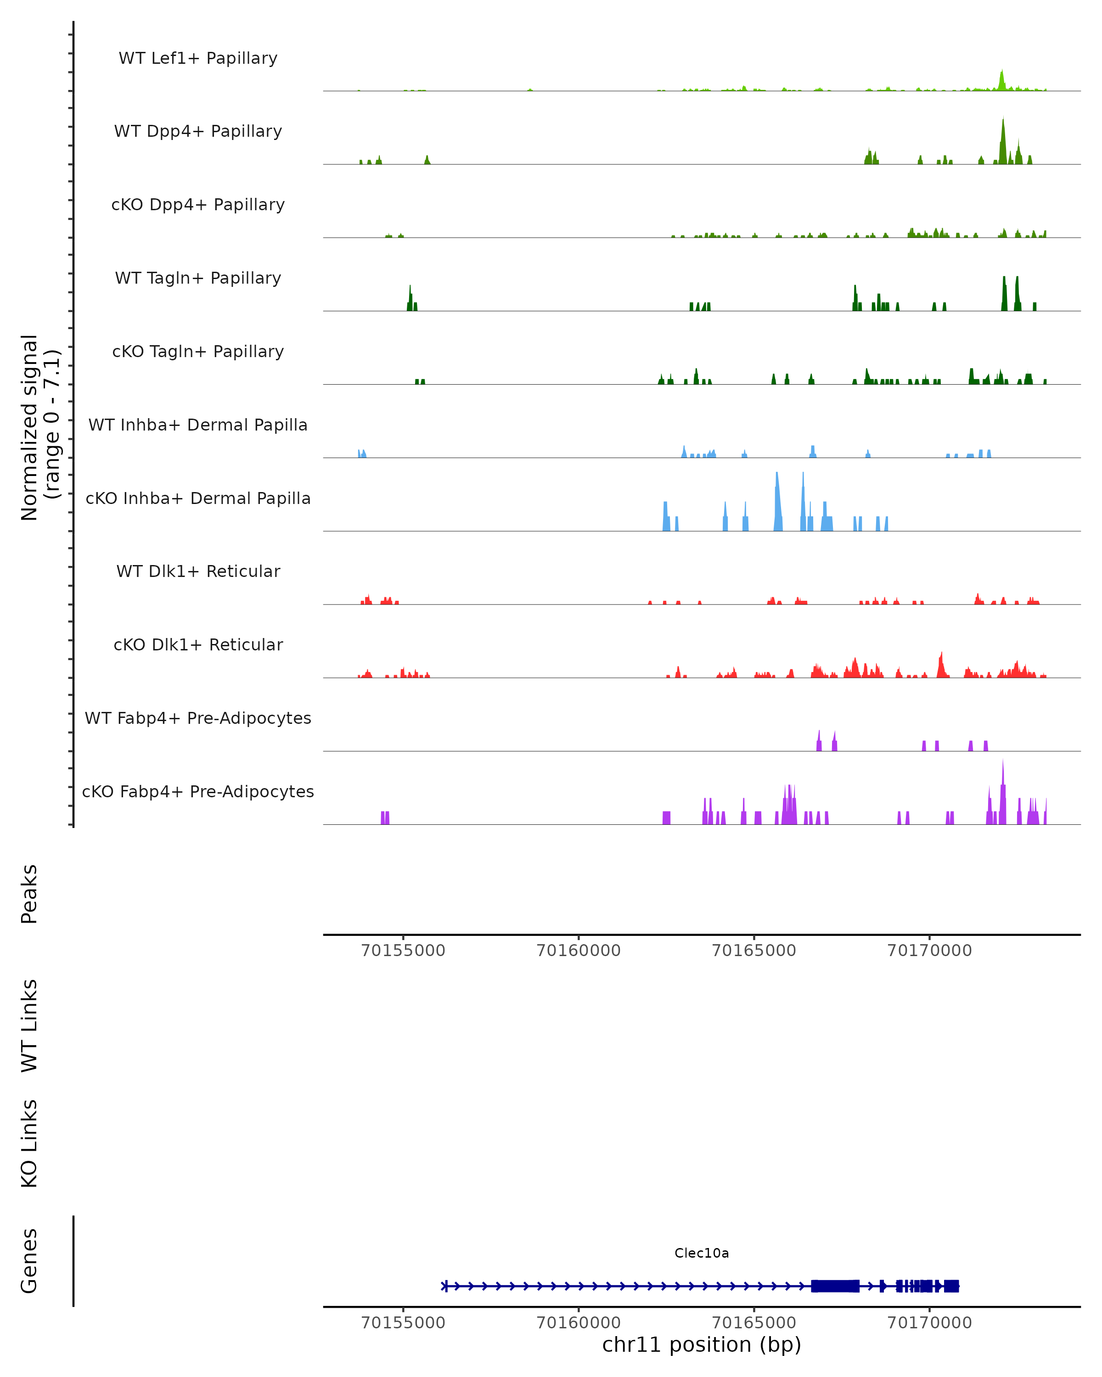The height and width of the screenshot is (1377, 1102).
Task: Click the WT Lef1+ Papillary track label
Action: click(198, 58)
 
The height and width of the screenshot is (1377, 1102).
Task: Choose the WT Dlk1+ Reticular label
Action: click(198, 571)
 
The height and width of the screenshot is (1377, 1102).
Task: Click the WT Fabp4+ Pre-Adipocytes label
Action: click(198, 718)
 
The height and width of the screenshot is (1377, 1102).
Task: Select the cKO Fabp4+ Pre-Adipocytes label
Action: click(198, 791)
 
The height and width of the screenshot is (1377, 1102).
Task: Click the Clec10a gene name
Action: click(702, 1253)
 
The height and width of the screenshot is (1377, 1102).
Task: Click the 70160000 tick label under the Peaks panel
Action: click(579, 951)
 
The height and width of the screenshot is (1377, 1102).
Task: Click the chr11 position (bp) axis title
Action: click(702, 1345)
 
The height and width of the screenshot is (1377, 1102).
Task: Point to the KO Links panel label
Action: click(29, 1143)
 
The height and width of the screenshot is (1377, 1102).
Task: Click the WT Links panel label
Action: click(29, 1025)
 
